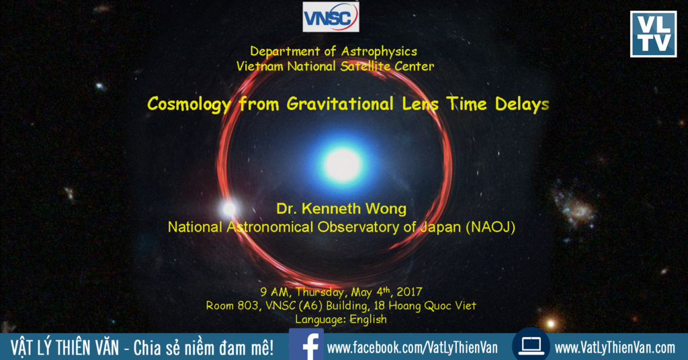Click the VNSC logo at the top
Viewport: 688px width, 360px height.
tap(331, 17)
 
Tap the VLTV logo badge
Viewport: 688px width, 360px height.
tap(653, 34)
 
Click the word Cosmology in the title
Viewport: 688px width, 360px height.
tap(189, 104)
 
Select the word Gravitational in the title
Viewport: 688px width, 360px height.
tap(340, 104)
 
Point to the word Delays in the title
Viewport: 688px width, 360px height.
tap(521, 104)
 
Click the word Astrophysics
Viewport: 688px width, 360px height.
tap(379, 52)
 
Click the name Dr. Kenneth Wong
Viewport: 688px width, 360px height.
tap(341, 209)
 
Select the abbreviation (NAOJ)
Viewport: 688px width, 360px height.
tap(490, 227)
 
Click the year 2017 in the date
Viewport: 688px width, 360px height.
tap(409, 291)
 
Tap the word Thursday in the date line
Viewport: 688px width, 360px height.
tap(319, 292)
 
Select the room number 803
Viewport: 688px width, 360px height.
tap(248, 305)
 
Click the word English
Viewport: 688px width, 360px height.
tap(368, 319)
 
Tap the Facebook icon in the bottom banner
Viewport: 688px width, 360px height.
tap(306, 345)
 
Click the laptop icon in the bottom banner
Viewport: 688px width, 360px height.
tap(531, 345)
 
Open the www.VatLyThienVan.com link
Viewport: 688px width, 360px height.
tap(615, 348)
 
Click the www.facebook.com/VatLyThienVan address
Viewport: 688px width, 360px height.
tap(413, 348)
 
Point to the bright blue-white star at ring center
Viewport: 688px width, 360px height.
tap(343, 165)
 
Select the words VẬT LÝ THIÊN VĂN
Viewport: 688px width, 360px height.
tap(65, 347)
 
